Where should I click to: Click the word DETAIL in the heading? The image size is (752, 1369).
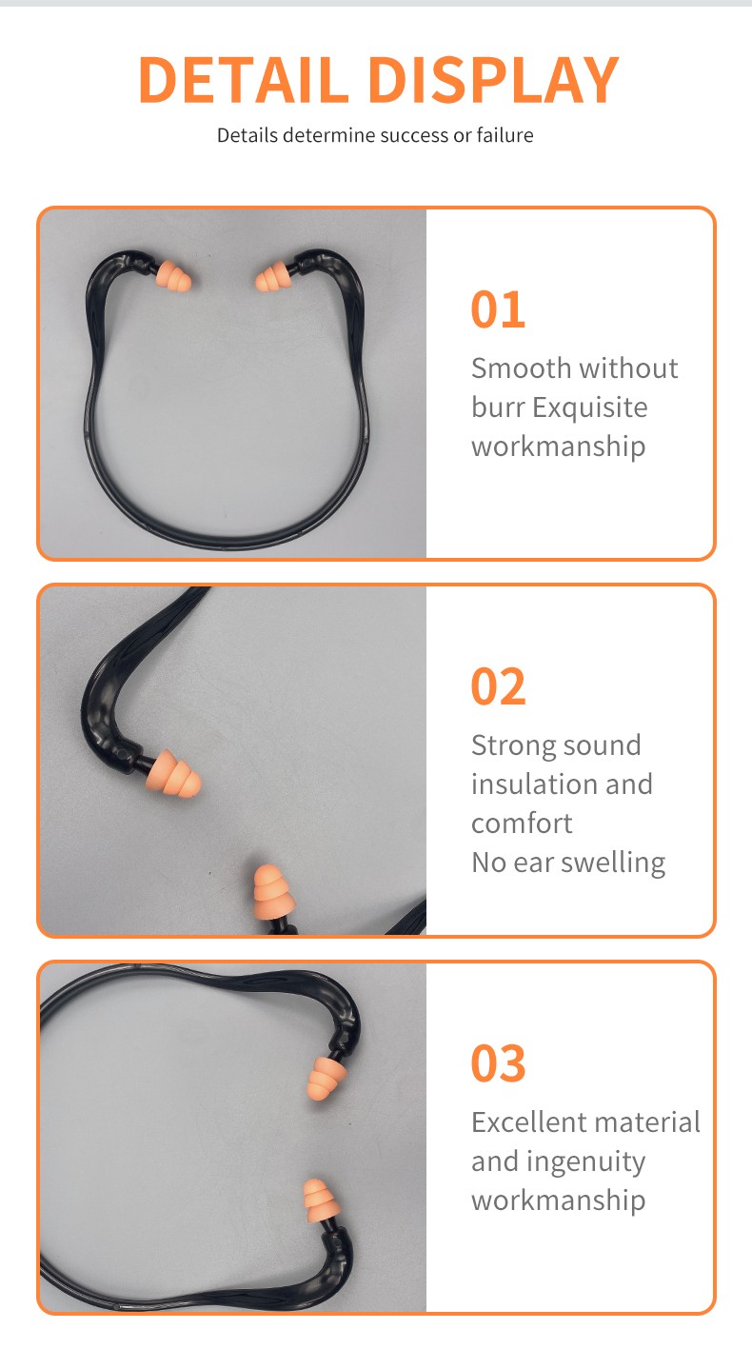click(244, 79)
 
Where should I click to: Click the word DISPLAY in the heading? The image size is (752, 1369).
click(494, 79)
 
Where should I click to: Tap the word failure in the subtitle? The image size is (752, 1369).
click(505, 135)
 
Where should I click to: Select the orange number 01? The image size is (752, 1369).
click(498, 309)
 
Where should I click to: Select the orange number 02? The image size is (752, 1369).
click(498, 686)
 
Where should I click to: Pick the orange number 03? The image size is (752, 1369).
click(498, 1063)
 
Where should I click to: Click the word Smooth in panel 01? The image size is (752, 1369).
click(521, 367)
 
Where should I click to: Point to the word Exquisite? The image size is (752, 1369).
click(589, 407)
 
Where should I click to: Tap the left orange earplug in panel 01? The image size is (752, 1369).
click(173, 277)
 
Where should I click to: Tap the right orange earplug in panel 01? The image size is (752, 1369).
click(272, 277)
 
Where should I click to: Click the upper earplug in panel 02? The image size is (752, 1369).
click(173, 774)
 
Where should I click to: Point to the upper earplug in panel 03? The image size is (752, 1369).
click(325, 1080)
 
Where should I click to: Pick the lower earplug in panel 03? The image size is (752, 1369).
click(321, 1200)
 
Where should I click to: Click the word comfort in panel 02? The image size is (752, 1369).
click(522, 823)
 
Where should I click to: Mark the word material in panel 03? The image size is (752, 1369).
click(647, 1122)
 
